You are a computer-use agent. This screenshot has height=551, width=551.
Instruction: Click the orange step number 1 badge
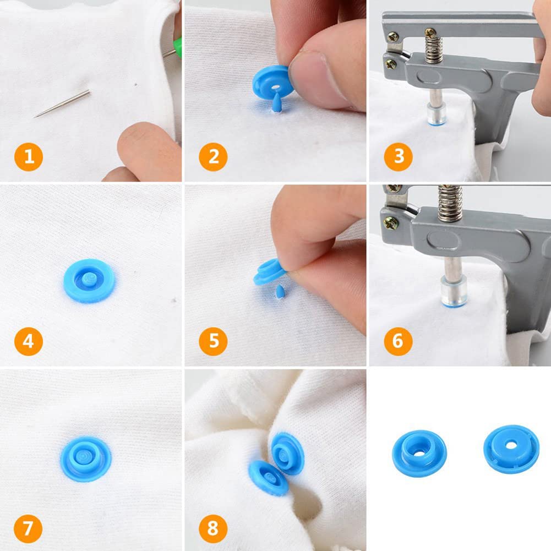tap(29, 157)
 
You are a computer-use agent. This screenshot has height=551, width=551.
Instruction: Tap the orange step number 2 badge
tap(214, 157)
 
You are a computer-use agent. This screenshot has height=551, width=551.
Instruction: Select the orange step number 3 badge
tap(398, 157)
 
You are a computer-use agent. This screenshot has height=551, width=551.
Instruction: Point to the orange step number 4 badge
tap(29, 341)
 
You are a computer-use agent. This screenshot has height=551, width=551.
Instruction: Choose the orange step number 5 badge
tap(214, 341)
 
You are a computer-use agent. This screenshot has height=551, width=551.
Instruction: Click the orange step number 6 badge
tap(398, 341)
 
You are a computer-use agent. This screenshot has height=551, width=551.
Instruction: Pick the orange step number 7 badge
tap(28, 528)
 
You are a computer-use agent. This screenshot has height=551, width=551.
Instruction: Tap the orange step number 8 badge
tap(213, 528)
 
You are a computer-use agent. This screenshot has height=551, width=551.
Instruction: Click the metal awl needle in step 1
tap(62, 104)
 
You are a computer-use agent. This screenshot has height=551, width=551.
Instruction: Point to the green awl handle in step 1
tap(177, 46)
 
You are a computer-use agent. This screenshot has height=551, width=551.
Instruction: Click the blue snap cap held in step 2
tap(273, 85)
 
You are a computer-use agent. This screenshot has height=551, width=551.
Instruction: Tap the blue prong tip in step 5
tap(280, 292)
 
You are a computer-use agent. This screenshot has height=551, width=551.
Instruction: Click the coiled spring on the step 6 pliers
tap(450, 203)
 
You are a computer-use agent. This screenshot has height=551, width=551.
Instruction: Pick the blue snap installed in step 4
tap(90, 280)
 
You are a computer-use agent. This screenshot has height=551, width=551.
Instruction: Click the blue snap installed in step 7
tap(86, 459)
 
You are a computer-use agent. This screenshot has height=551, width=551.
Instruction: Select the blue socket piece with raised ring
tap(419, 452)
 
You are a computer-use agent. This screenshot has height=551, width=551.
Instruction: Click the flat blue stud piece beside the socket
tap(511, 449)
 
